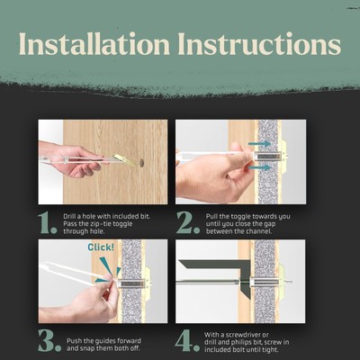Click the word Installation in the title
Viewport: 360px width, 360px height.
point(94,44)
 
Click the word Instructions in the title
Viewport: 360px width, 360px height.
point(259,44)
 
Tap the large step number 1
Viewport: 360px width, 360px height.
point(48,223)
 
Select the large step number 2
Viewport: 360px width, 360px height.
point(188,223)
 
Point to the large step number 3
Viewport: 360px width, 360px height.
point(49,341)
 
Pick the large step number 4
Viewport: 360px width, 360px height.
point(187,341)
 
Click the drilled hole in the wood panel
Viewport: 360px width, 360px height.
point(141,163)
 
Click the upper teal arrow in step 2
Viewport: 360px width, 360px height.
point(259,144)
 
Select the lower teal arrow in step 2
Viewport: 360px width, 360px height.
point(259,167)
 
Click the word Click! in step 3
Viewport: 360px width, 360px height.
point(101,247)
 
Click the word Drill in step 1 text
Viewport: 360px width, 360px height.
point(68,216)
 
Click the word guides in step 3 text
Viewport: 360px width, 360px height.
point(101,341)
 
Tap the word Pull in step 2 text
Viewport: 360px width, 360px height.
point(211,216)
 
